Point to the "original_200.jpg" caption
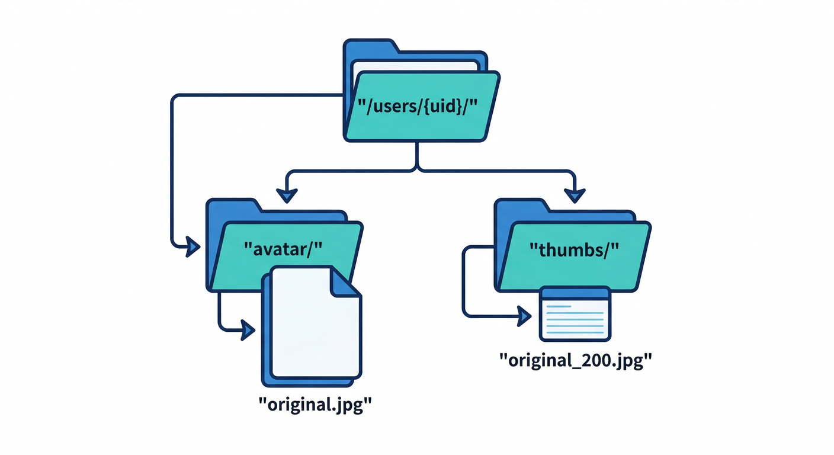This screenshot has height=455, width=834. coord(571,360)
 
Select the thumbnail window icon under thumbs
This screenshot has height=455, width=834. coord(575,314)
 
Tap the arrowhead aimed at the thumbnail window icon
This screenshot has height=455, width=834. coord(524,315)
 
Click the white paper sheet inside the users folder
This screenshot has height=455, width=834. coord(415,65)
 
